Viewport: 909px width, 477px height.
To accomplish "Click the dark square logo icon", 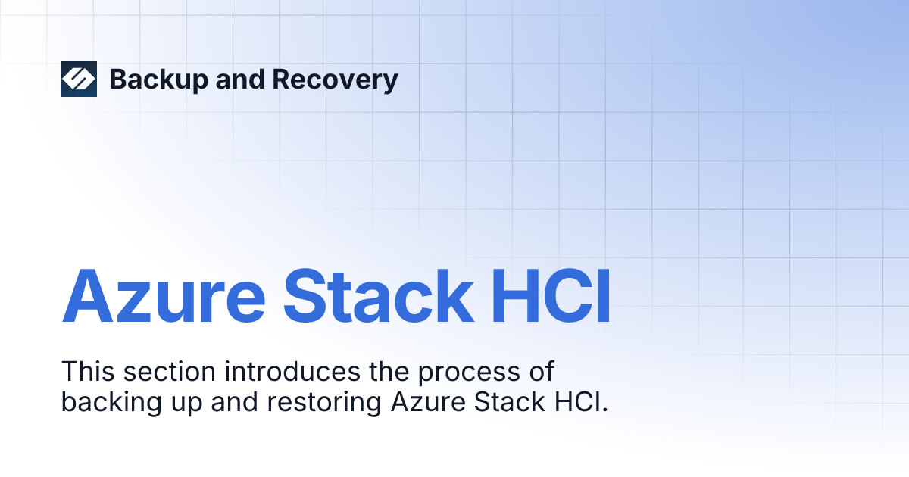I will [x=79, y=79].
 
